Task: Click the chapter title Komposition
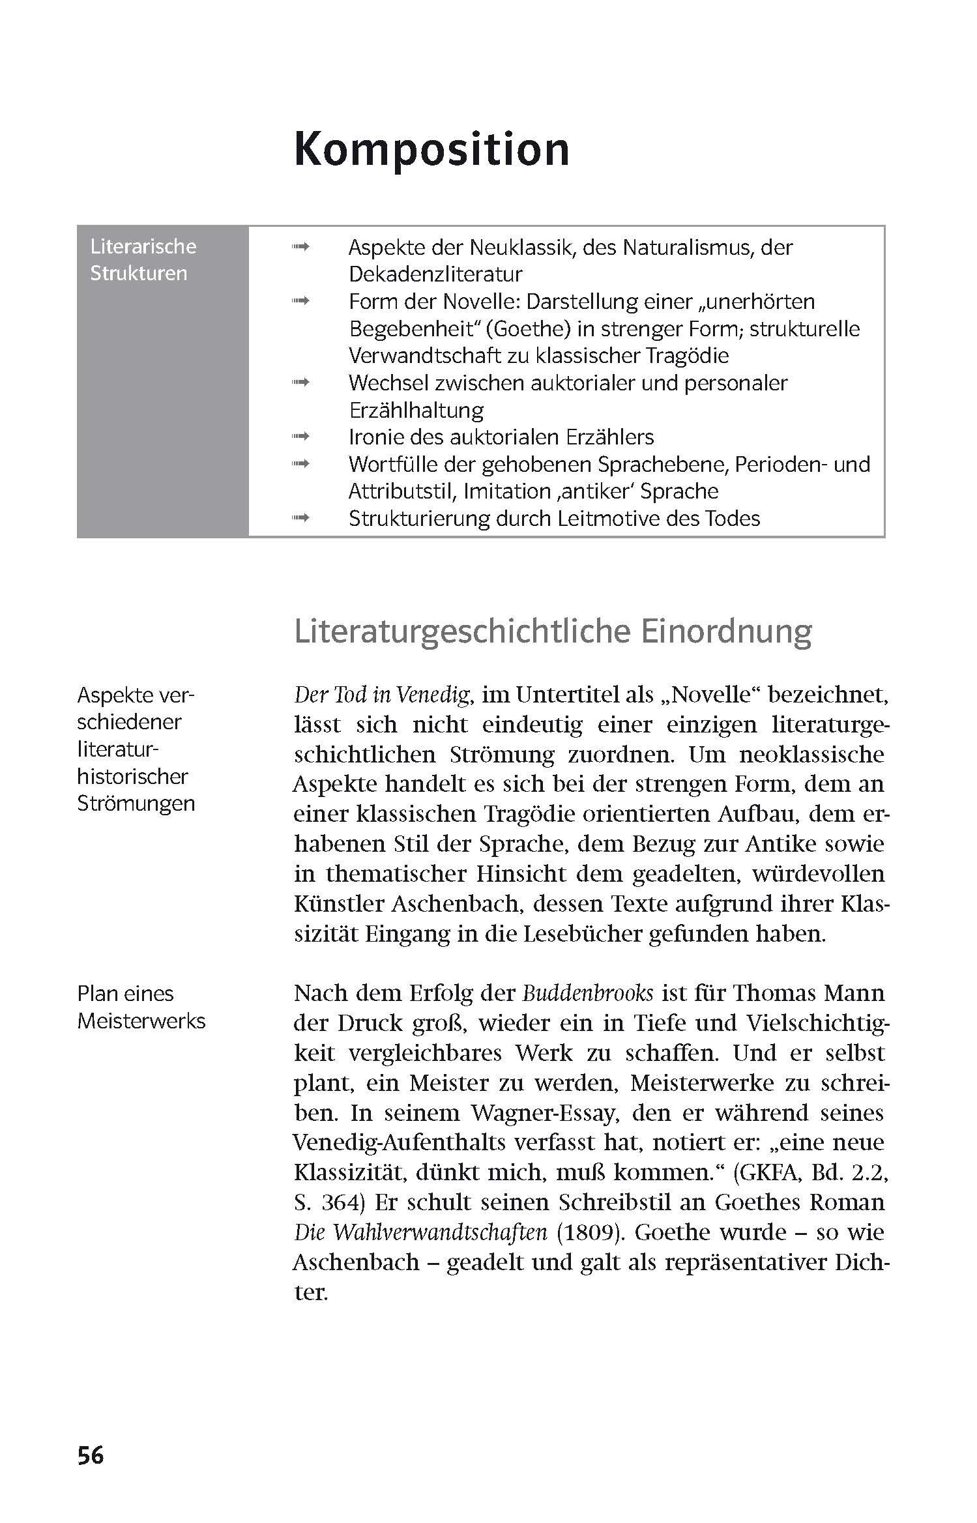point(431,150)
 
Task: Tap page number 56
point(91,1455)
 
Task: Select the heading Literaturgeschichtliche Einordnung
point(553,631)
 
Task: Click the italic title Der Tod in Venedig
point(382,695)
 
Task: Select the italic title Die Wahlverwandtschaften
point(420,1232)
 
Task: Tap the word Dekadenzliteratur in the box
point(435,274)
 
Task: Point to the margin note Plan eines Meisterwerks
point(141,1007)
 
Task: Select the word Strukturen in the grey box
point(138,273)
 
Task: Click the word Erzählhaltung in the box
point(416,410)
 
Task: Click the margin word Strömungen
point(136,803)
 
